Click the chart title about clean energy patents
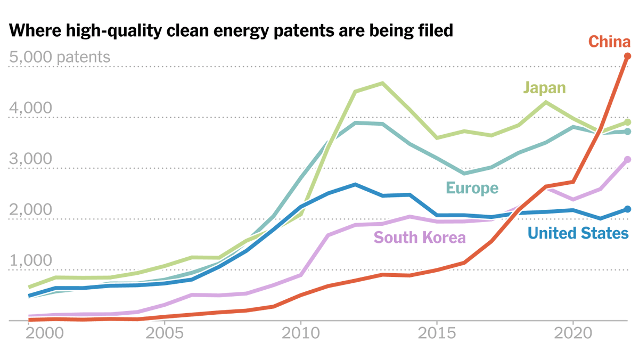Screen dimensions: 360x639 click(231, 31)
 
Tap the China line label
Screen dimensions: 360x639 click(609, 42)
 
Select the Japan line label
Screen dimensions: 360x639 click(544, 87)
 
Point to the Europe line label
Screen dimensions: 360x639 click(472, 187)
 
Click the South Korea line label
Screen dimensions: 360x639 click(420, 237)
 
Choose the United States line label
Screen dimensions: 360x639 click(578, 233)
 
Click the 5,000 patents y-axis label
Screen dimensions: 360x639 click(60, 57)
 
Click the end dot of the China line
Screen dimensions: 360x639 click(627, 56)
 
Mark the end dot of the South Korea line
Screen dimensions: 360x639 click(627, 159)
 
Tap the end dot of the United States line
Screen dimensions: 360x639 click(627, 209)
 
